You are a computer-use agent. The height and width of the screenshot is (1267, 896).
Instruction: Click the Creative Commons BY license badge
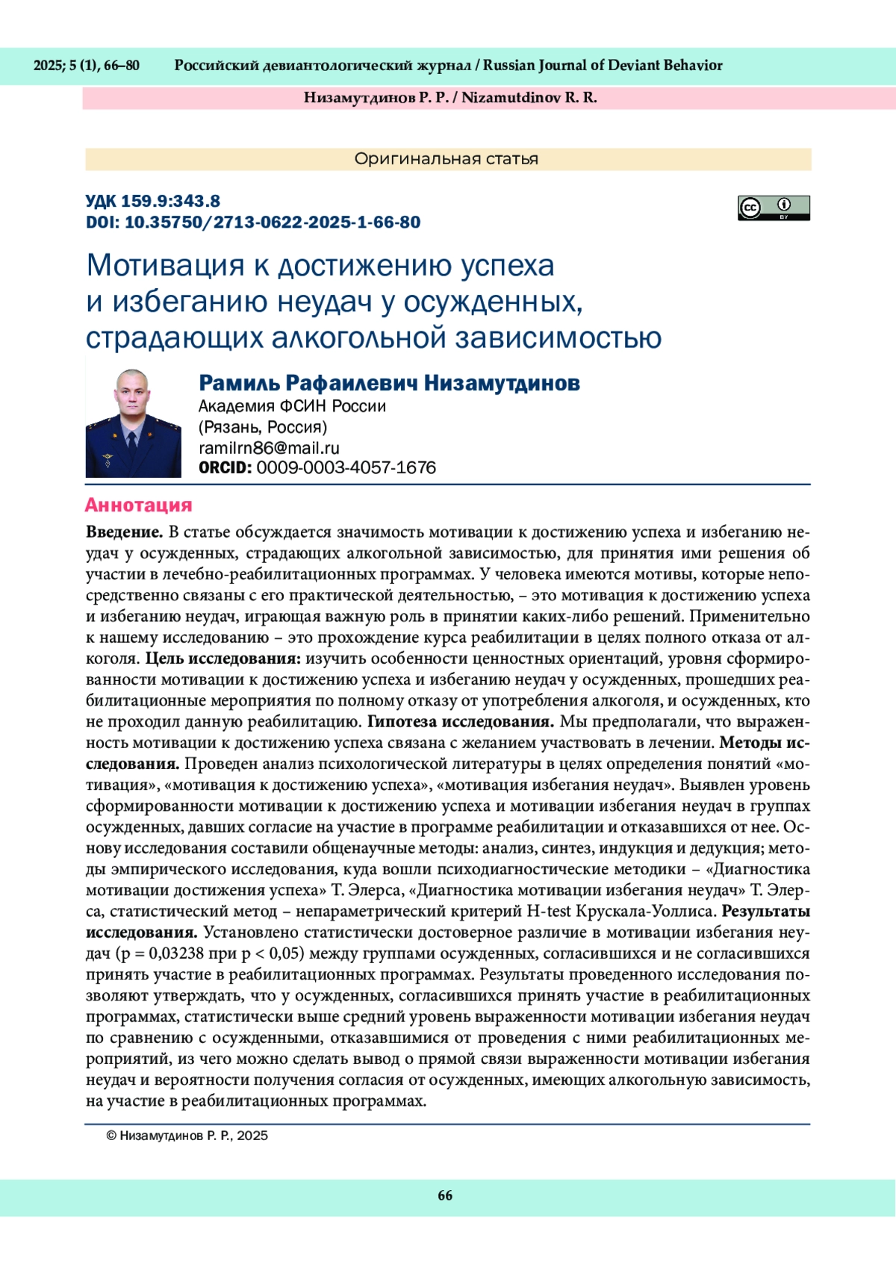coord(774,208)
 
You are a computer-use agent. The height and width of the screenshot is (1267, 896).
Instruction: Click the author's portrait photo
coord(133,423)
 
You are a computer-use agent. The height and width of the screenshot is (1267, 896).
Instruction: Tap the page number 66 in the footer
coord(445,1195)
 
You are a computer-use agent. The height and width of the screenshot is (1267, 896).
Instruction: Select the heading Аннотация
coord(138,505)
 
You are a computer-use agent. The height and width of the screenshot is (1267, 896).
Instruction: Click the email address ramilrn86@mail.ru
coord(269,448)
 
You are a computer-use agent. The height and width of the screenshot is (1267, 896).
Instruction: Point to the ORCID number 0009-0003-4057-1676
coord(346,468)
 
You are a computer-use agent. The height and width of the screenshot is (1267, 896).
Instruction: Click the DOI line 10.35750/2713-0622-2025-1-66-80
coord(253,222)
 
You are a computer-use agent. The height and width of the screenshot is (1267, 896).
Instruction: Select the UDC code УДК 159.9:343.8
coord(152,201)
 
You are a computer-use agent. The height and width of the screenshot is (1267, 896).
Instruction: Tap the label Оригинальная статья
coord(447,159)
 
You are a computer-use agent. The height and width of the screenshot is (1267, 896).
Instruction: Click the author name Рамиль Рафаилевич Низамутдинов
coord(389,383)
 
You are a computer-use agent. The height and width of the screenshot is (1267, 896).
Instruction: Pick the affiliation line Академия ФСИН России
coord(292,406)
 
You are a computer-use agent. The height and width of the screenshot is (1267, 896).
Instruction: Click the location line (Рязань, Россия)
coord(263,427)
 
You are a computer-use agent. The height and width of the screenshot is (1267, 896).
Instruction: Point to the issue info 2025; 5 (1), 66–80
coord(87,66)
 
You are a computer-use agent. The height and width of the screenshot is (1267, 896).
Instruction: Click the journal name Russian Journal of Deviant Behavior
coord(603,66)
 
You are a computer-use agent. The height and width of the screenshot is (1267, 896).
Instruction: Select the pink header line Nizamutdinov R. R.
coord(529,98)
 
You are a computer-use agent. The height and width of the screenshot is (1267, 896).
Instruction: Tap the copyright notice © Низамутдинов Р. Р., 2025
coord(187,1136)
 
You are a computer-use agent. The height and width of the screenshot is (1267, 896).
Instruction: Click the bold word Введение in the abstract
coord(124,532)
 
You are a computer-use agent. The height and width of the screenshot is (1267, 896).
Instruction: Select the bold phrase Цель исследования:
coord(223,659)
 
